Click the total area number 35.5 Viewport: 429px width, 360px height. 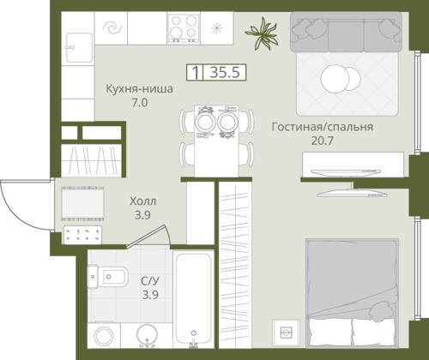click(x=225, y=72)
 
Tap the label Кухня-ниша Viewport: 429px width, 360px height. click(x=140, y=88)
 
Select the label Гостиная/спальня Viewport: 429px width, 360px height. click(x=323, y=127)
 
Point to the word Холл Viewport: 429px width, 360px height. click(x=142, y=201)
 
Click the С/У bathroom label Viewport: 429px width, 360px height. click(x=150, y=281)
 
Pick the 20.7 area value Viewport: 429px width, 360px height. click(x=323, y=141)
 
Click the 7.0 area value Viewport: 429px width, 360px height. click(x=140, y=102)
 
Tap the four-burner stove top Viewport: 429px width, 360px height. click(x=184, y=28)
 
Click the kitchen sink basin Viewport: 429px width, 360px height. click(x=79, y=47)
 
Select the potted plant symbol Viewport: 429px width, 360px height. click(x=262, y=33)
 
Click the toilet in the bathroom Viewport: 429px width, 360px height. click(x=107, y=277)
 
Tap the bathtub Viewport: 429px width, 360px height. click(x=194, y=299)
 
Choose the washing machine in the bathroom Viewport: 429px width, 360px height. click(x=104, y=336)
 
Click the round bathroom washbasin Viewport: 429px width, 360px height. click(x=147, y=335)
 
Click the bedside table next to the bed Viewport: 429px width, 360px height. click(x=286, y=333)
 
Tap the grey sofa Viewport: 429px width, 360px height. click(x=346, y=32)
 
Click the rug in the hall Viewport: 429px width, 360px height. click(x=82, y=203)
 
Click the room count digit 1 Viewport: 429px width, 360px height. click(x=196, y=73)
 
